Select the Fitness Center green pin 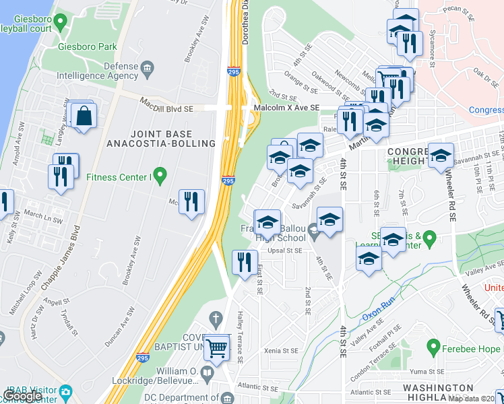(x=160, y=176)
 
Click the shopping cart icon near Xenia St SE (x=216, y=349)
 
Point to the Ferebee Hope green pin (x=433, y=347)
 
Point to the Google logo (x=23, y=397)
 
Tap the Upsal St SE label (x=284, y=250)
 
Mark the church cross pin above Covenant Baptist (x=216, y=318)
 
